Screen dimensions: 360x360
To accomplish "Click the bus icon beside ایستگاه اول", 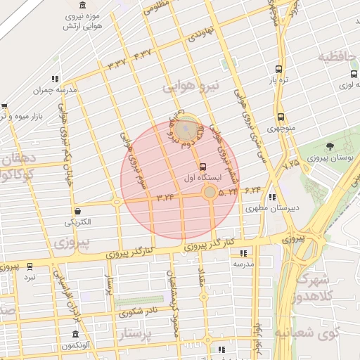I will pyautogui.click(x=203, y=167).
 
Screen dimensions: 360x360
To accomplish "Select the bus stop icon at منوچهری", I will pyautogui.click(x=281, y=117).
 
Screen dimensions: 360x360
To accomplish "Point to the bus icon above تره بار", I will pyautogui.click(x=279, y=69).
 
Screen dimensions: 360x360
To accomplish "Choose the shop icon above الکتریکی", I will pyautogui.click(x=76, y=210).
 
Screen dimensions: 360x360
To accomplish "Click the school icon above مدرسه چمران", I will pyautogui.click(x=56, y=79).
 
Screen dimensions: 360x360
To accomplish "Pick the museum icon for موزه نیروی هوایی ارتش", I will pyautogui.click(x=83, y=6).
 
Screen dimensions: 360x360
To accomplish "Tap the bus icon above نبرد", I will pyautogui.click(x=30, y=266).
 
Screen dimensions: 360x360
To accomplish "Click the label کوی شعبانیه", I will pyautogui.click(x=306, y=331).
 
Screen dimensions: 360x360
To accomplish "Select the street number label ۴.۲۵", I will pyautogui.click(x=290, y=163).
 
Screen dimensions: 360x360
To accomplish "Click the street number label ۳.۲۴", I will pyautogui.click(x=166, y=197).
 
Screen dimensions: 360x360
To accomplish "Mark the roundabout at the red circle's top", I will pyautogui.click(x=186, y=129).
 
